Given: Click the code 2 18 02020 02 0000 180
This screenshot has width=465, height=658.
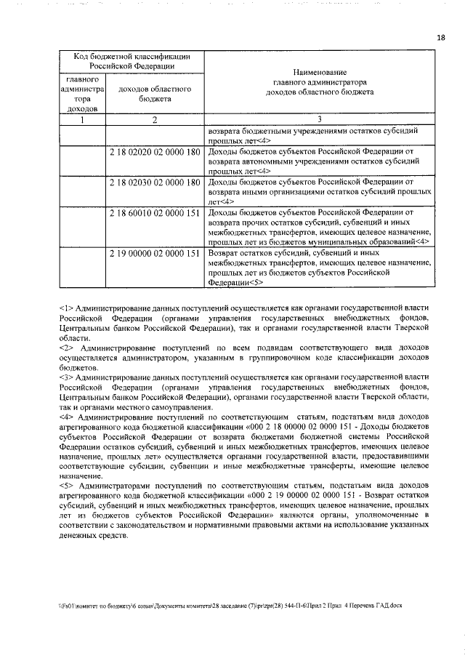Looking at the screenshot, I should coord(155,153).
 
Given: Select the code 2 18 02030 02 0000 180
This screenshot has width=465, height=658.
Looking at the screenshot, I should coord(155,181).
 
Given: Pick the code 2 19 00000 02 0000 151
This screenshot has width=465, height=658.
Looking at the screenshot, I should coord(155,254).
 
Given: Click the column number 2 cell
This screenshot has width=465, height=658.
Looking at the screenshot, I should coord(155,120).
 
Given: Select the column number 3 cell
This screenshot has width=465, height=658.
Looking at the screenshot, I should coord(320,120).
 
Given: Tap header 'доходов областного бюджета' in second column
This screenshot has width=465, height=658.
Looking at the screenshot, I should coord(155,93).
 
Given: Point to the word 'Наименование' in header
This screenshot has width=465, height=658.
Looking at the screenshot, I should coord(320,73).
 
